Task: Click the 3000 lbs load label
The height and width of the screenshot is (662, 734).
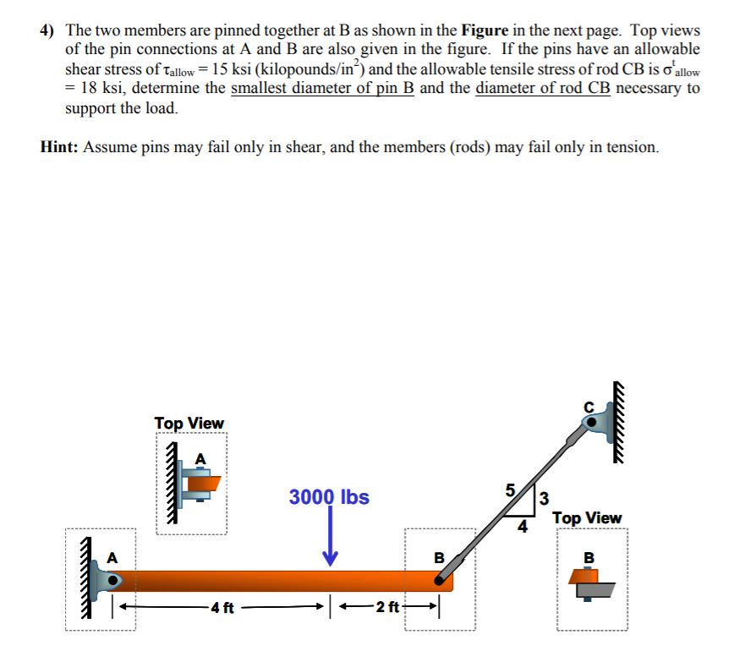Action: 329,496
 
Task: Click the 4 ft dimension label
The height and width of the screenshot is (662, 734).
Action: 222,607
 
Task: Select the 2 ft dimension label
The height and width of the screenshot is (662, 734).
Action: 388,607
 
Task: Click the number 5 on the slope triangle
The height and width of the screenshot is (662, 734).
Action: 510,490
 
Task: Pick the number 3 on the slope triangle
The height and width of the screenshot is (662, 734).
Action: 544,498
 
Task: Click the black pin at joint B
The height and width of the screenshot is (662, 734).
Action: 441,579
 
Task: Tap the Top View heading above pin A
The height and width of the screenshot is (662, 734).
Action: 189,423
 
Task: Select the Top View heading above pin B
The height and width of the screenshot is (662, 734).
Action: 587,517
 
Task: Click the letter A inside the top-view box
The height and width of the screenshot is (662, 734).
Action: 200,457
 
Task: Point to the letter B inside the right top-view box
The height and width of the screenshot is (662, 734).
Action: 590,557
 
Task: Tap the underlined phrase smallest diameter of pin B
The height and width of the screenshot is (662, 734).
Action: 322,89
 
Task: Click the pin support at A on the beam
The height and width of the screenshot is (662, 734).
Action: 110,580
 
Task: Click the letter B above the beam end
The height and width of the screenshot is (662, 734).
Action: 438,557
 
